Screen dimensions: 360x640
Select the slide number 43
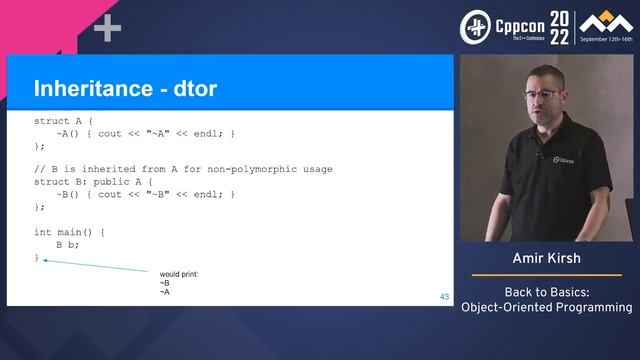click(x=444, y=297)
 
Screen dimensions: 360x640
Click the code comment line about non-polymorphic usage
click(x=183, y=169)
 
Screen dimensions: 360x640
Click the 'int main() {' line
click(x=69, y=231)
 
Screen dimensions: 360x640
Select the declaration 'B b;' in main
click(x=67, y=244)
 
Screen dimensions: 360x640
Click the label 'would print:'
click(x=181, y=273)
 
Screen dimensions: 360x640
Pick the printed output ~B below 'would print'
click(x=165, y=283)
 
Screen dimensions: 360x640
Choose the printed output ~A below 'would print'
click(x=165, y=292)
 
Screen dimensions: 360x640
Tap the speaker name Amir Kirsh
click(x=546, y=258)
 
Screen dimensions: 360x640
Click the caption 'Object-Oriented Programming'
click(x=546, y=307)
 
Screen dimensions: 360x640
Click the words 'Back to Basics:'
click(x=546, y=291)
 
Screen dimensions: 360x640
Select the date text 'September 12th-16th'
click(x=598, y=43)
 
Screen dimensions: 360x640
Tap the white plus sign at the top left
click(x=107, y=29)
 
